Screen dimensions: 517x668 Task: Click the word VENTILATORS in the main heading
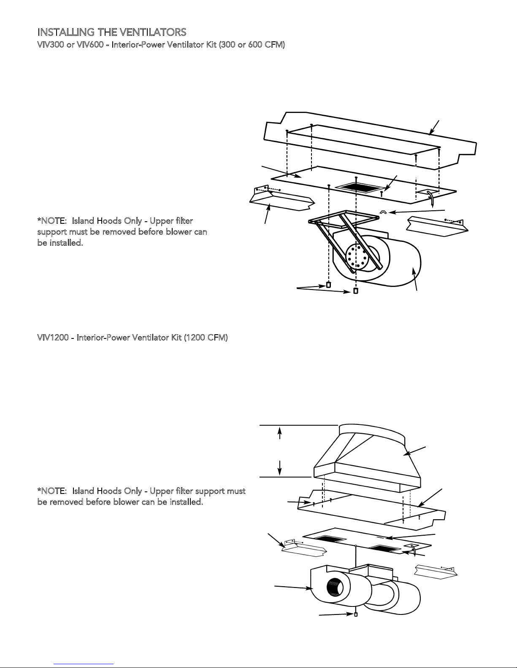153,32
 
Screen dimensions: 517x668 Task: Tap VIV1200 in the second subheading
53,338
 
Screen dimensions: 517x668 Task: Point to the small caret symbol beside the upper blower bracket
382,212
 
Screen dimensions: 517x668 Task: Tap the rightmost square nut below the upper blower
356,290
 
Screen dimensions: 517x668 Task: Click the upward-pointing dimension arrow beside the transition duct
279,433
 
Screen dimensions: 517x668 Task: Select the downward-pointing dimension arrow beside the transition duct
279,467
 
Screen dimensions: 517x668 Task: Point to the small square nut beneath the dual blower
356,614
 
